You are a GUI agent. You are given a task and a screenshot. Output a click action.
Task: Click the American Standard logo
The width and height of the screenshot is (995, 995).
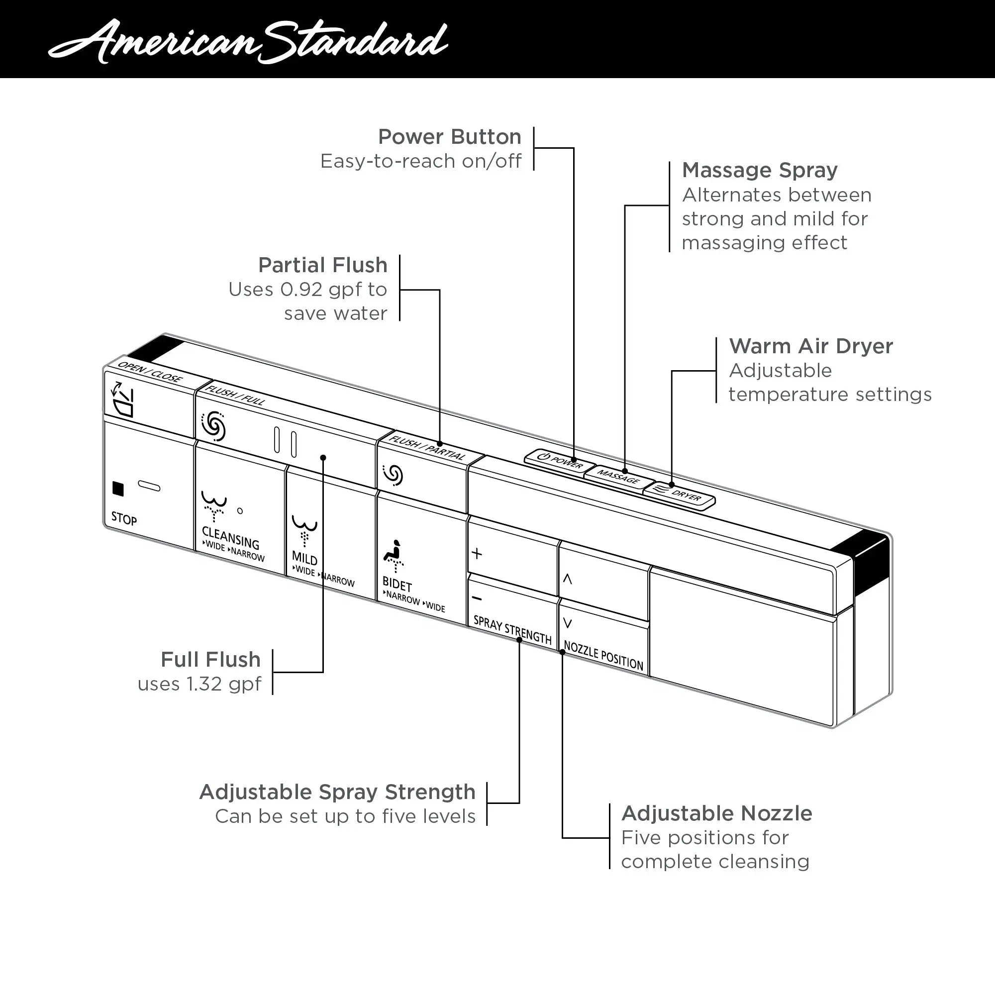coord(248,41)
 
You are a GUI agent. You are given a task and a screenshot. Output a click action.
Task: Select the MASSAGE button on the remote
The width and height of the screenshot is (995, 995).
coord(618,477)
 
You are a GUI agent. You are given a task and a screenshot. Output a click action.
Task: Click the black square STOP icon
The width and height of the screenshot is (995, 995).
coord(118,489)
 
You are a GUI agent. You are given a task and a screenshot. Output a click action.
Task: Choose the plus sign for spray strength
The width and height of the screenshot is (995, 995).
coord(477,554)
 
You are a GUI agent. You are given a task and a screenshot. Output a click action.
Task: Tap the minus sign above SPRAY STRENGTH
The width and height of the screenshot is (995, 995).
coord(477,598)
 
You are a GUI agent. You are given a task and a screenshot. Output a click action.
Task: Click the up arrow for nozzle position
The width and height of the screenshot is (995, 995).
coord(568,579)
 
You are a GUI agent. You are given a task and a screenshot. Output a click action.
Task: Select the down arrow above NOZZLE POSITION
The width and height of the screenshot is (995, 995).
coord(568,624)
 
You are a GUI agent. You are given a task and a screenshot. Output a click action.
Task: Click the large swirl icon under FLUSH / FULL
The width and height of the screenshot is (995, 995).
coord(213,426)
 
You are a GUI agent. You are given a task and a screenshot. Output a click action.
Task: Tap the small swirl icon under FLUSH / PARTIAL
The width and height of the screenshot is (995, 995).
coord(394,475)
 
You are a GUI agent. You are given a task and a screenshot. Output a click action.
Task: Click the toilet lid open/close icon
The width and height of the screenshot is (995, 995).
coord(123,399)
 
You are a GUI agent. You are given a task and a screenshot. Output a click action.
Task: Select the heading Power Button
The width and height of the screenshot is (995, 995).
coord(450,137)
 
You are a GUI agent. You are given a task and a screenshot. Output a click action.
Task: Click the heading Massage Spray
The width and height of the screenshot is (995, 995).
coord(760,170)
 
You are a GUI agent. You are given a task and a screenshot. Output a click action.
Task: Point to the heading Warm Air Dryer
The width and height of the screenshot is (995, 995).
coord(810,346)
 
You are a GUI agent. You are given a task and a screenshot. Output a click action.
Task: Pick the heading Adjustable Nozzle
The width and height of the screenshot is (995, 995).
coord(716,814)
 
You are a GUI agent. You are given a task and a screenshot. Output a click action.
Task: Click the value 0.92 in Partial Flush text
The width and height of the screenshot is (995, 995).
coord(302,290)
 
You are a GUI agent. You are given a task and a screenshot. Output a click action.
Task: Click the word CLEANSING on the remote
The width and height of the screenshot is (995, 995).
coord(230,538)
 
